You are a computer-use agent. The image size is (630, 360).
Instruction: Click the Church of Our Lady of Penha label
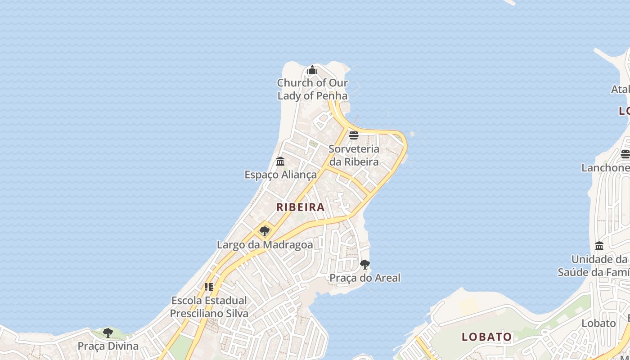pos(312,89)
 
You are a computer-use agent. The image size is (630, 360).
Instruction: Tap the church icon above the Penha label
pos(312,70)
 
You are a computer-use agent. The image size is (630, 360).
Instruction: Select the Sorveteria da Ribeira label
pos(354,155)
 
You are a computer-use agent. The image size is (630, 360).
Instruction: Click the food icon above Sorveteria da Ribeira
pos(354,135)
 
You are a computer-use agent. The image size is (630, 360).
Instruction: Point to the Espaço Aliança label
pos(280,175)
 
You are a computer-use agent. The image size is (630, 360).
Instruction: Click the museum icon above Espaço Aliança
pos(280,161)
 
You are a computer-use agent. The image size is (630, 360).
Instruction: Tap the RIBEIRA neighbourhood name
pos(300,207)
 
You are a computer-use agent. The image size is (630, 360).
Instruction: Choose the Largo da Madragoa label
pos(265,245)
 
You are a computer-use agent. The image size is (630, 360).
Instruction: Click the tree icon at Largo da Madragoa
pos(265,231)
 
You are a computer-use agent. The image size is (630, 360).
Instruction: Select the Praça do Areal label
pos(365,278)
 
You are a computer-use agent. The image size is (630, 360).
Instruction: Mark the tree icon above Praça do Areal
pos(365,264)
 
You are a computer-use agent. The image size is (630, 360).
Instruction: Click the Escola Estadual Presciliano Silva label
pos(209,306)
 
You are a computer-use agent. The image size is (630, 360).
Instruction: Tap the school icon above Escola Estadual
pos(209,287)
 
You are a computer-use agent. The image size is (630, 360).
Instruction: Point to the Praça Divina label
pos(108,346)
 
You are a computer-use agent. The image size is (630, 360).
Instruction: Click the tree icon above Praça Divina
pos(108,333)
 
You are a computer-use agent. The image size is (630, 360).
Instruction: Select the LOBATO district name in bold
pos(487,337)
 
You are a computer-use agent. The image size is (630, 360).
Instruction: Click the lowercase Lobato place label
pos(598,323)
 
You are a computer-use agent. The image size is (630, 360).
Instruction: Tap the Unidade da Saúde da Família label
pos(594,265)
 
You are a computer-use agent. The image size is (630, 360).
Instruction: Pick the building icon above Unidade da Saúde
pos(599,246)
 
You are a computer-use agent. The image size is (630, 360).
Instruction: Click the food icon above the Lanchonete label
pos(625,154)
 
